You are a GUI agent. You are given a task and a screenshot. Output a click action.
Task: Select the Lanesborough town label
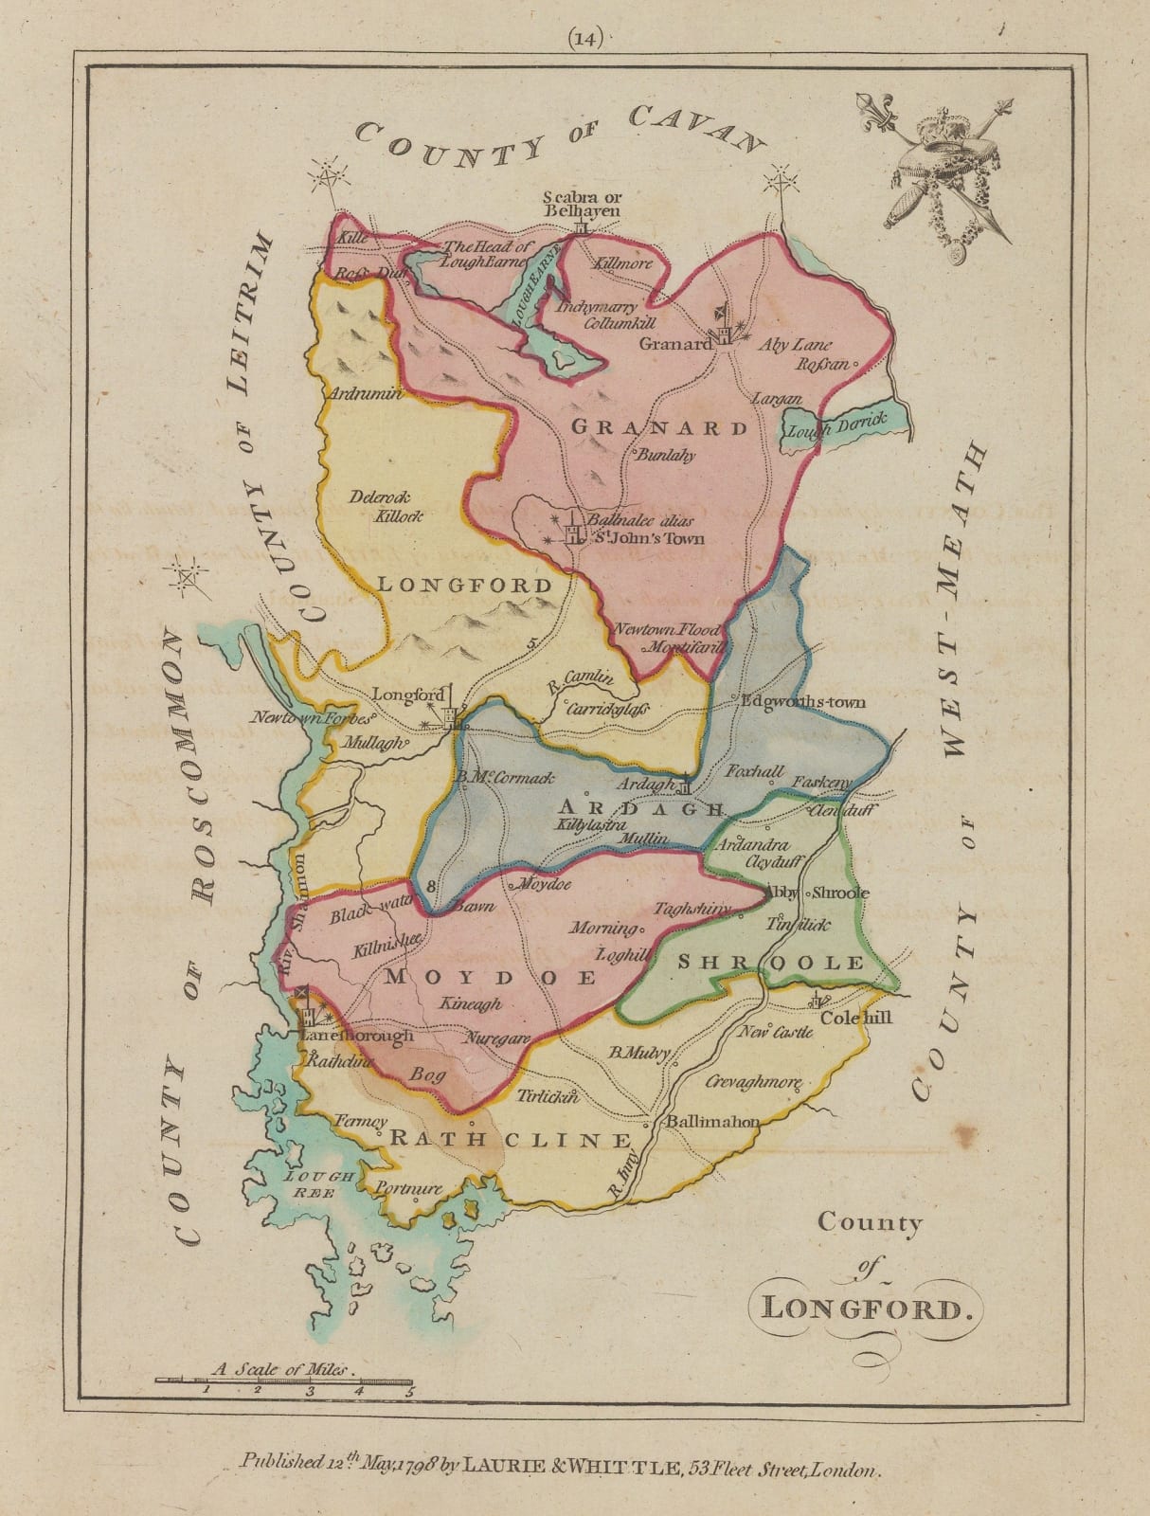(355, 1036)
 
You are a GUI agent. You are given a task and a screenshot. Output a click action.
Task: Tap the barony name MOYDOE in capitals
(491, 976)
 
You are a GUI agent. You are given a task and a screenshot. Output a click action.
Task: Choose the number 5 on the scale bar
(409, 1392)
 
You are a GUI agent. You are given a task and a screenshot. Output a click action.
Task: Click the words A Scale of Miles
(281, 1368)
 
